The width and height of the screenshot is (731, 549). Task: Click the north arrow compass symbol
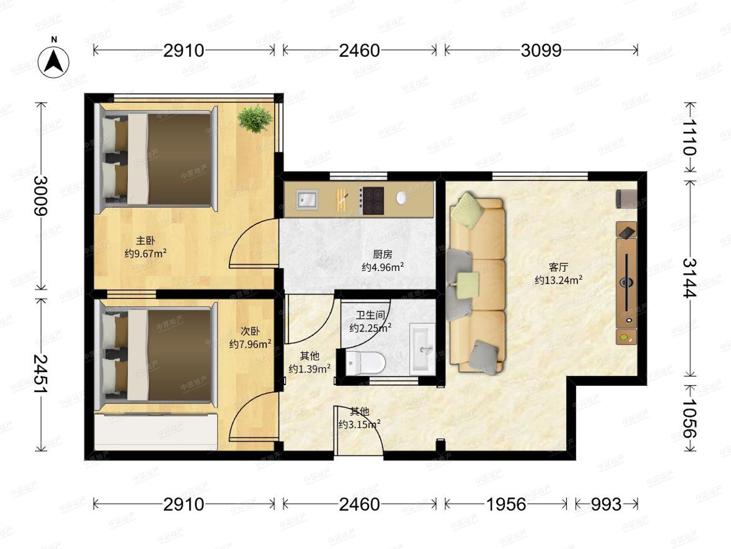point(54,62)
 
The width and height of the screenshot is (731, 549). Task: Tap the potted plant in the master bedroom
point(255,118)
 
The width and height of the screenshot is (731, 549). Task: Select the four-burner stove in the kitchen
point(372,201)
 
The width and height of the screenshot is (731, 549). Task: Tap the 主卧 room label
point(145,241)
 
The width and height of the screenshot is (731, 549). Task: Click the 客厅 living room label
point(559,267)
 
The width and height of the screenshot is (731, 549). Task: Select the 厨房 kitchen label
point(383,254)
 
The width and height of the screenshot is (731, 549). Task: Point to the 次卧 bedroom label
point(250,331)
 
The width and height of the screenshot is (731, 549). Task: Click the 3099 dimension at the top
point(541,51)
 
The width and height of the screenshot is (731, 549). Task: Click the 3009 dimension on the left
point(41,196)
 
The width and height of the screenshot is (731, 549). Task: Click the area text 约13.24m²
point(559,280)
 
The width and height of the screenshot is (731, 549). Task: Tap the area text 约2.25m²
point(370,328)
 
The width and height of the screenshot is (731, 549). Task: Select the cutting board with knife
point(342,199)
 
